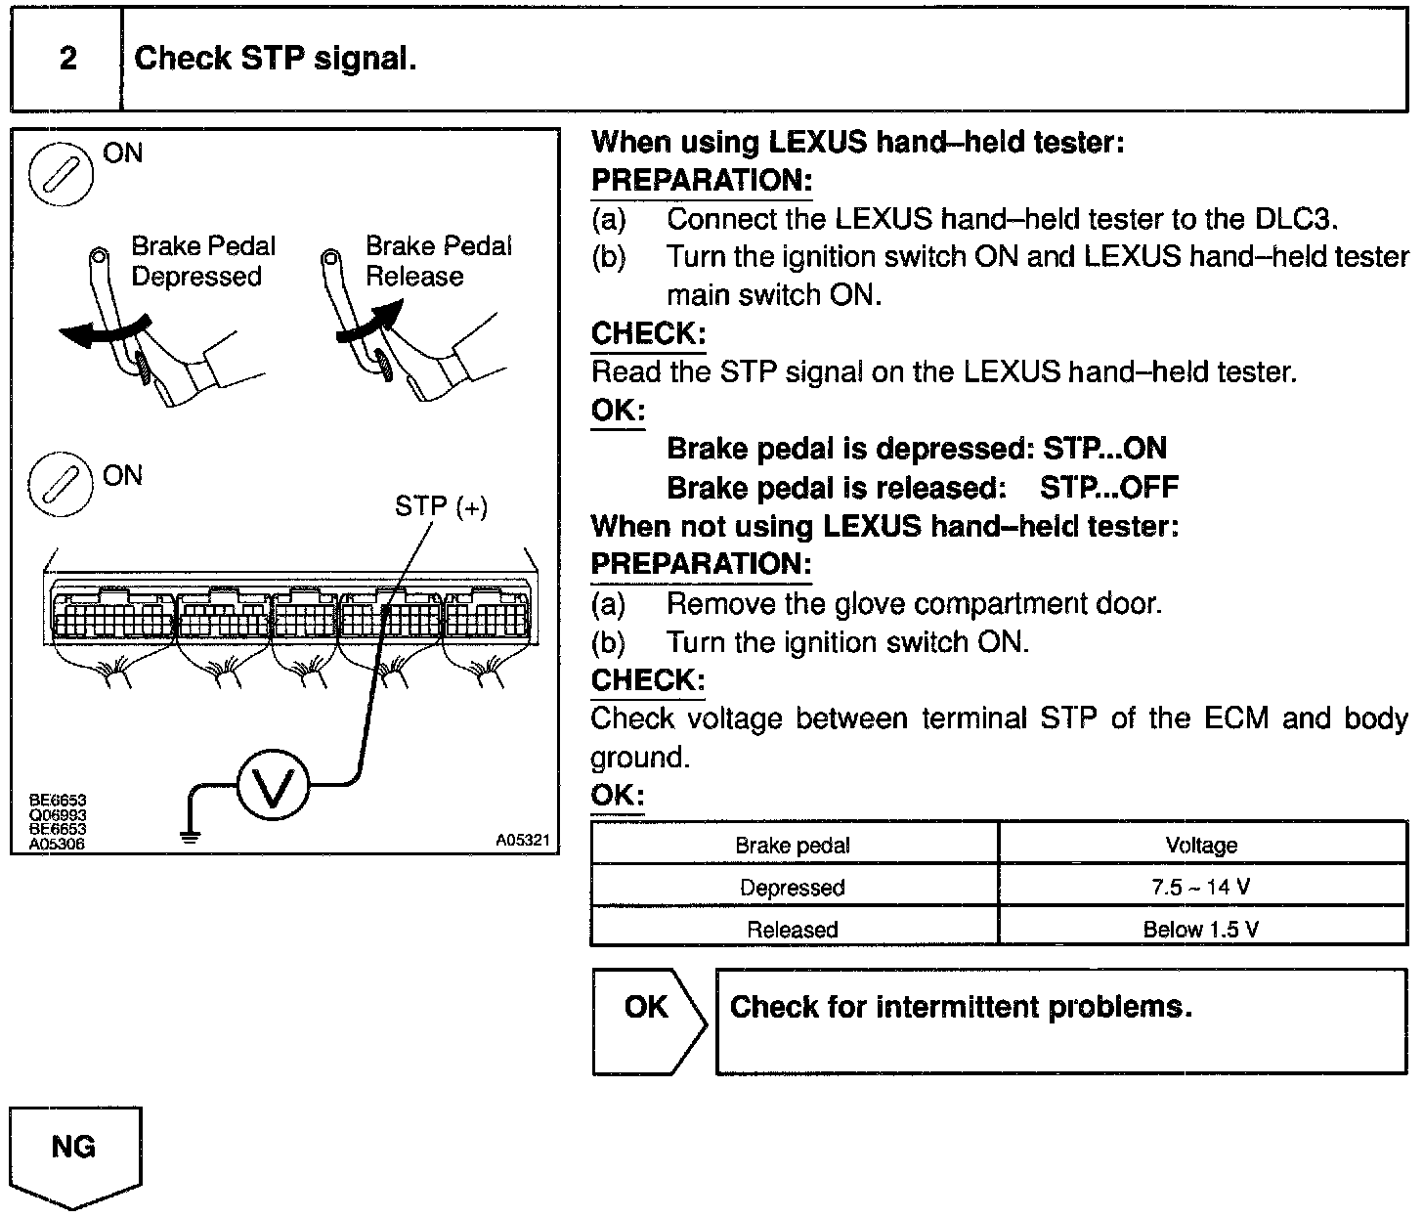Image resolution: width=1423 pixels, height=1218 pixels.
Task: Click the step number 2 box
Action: tap(66, 59)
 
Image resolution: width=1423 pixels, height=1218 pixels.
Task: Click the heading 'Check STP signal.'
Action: tap(275, 59)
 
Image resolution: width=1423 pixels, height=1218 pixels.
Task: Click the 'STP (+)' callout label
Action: tap(441, 506)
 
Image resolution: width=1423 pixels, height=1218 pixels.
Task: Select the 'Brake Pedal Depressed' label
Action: tap(203, 261)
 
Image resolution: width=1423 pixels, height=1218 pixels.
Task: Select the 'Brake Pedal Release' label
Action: tap(438, 261)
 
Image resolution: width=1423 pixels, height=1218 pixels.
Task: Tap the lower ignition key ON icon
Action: tap(61, 486)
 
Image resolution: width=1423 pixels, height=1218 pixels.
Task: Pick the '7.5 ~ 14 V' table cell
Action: tap(1201, 888)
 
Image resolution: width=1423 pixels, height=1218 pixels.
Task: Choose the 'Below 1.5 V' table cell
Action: tap(1201, 929)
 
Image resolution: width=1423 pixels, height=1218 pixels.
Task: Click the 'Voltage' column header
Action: tap(1201, 846)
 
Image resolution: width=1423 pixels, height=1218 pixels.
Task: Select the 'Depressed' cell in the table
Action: tap(792, 888)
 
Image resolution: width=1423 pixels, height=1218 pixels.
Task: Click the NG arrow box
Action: tap(75, 1153)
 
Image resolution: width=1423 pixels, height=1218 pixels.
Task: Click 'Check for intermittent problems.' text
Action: tap(961, 1007)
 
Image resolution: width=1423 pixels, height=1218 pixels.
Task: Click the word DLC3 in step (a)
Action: tap(1294, 219)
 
